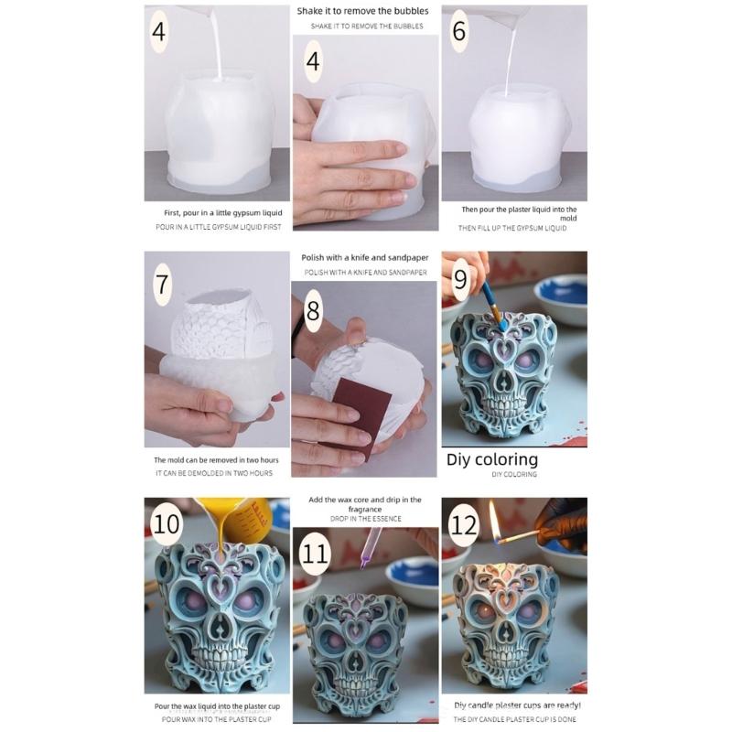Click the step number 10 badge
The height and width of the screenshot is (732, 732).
tap(168, 524)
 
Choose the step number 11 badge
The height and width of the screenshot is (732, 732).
tap(315, 554)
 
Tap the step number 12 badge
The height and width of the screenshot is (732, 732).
tap(464, 524)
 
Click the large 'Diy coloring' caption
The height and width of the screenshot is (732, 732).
tap(491, 459)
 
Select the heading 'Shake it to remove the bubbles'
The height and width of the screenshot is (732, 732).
tap(362, 12)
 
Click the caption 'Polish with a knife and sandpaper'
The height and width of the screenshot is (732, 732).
tap(364, 258)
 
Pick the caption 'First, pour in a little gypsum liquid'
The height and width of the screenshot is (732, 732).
tap(217, 211)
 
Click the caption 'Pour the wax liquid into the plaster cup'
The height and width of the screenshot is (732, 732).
tap(217, 705)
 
